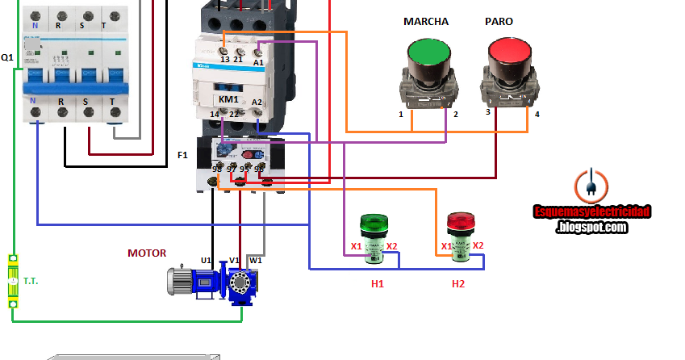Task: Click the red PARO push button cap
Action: (510, 54)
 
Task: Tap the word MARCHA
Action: (425, 21)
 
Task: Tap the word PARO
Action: (498, 21)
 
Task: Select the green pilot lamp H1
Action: (373, 238)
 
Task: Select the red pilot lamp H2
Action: (460, 237)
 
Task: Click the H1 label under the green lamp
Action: (377, 283)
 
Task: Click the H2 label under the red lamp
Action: (458, 283)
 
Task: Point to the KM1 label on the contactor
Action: (228, 99)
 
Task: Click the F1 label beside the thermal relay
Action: (182, 153)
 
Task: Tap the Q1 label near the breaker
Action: (7, 58)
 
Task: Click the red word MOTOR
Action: (147, 253)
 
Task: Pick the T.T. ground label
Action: (31, 281)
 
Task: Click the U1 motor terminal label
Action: (207, 260)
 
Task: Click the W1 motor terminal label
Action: (255, 260)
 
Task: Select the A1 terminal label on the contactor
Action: (258, 61)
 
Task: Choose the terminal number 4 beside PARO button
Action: (537, 114)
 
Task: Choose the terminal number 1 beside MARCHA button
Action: (400, 115)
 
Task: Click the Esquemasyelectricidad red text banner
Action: (591, 211)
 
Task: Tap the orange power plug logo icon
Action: (591, 185)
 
